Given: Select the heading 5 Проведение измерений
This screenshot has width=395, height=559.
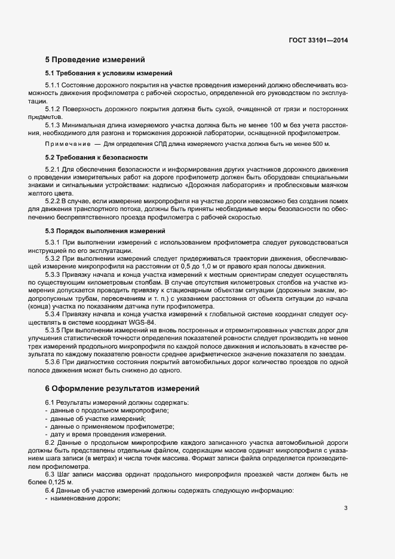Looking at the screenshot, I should (x=94, y=60).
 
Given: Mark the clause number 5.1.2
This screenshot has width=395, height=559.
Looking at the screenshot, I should (x=53, y=109).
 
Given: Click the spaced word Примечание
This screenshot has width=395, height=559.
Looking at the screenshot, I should (x=66, y=145).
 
